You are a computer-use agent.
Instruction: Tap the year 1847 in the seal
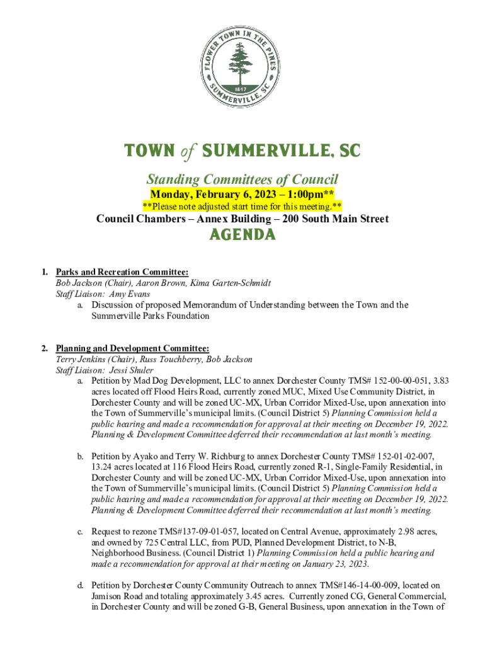click(242, 88)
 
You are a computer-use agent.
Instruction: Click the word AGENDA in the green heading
click(243, 235)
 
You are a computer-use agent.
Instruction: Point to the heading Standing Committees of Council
click(243, 179)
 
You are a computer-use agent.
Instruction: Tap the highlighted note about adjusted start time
click(243, 207)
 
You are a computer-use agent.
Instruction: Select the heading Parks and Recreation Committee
click(122, 272)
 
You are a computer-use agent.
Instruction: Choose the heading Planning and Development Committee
click(132, 348)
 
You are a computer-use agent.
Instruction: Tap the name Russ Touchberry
click(170, 359)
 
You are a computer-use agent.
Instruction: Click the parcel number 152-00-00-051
click(397, 381)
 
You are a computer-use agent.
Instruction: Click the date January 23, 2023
click(332, 564)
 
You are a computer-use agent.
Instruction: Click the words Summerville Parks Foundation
click(151, 316)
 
